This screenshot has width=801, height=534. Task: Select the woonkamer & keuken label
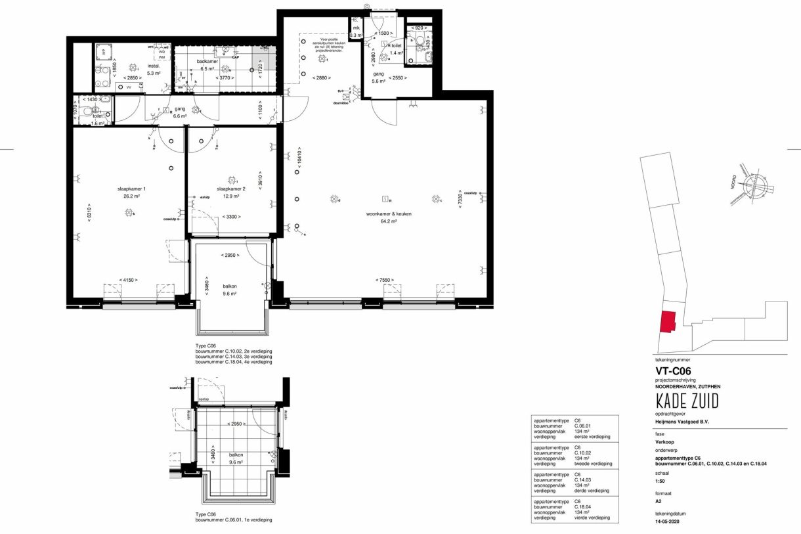(x=384, y=213)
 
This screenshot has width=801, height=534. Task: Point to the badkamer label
(x=207, y=61)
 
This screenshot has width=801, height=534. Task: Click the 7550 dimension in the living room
(x=386, y=280)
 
